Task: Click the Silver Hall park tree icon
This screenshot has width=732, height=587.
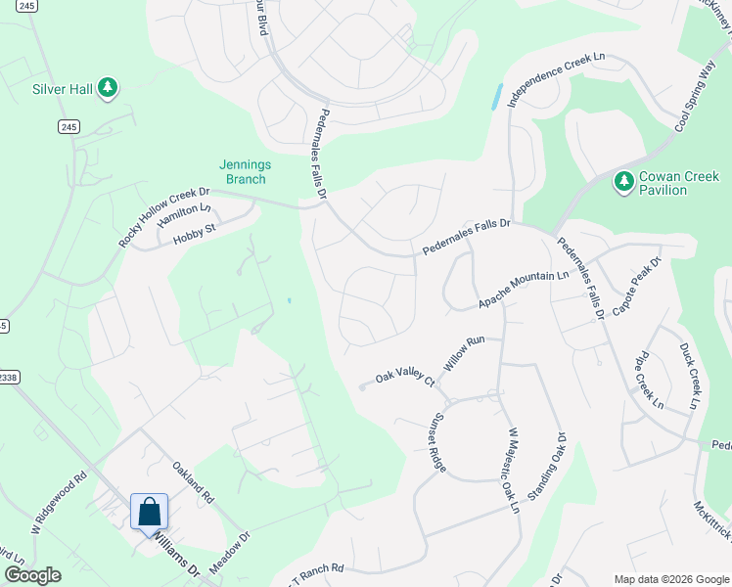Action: (108, 89)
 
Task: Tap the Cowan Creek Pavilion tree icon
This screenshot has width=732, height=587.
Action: (623, 181)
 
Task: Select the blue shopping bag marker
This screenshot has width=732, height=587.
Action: (149, 513)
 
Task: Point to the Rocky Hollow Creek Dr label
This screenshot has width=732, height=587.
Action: (164, 217)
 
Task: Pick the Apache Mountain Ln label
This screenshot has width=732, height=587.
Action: (524, 291)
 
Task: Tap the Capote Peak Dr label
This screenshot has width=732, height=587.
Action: (637, 287)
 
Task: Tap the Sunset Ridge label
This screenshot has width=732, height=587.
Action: (435, 442)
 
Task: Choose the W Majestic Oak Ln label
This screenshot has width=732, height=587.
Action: (511, 470)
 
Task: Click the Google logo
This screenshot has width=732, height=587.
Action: (32, 575)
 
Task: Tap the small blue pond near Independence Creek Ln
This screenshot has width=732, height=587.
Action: (497, 96)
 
